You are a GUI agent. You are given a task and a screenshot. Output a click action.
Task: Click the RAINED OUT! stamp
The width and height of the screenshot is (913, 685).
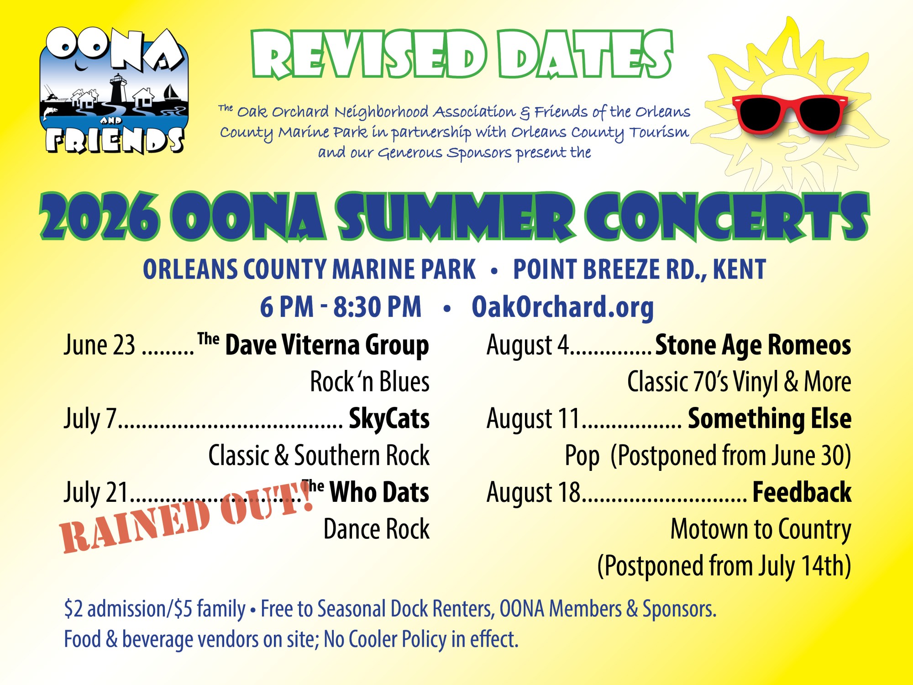pyautogui.click(x=187, y=516)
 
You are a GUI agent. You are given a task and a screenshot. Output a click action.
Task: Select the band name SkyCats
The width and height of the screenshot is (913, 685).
pyautogui.click(x=389, y=419)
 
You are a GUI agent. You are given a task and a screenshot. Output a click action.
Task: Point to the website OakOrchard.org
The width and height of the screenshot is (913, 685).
pyautogui.click(x=562, y=307)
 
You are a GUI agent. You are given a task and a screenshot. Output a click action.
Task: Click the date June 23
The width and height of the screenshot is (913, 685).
pyautogui.click(x=100, y=345)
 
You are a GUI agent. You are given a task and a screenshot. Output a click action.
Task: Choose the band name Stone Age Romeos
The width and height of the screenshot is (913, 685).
pyautogui.click(x=753, y=345)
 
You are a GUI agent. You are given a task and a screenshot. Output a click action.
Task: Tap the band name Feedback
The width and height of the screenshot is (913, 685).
pyautogui.click(x=802, y=492)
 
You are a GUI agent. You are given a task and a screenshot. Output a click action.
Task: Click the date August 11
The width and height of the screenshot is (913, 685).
pyautogui.click(x=533, y=419)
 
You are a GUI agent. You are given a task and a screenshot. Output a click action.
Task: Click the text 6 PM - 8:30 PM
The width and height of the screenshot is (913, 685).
pyautogui.click(x=341, y=307)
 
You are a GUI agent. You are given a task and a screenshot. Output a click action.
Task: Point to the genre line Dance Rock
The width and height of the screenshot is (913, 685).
pyautogui.click(x=377, y=529)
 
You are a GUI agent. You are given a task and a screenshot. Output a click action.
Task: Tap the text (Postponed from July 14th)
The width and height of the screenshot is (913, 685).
pyautogui.click(x=724, y=566)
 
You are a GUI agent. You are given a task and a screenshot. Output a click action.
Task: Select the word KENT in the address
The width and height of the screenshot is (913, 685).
pyautogui.click(x=739, y=269)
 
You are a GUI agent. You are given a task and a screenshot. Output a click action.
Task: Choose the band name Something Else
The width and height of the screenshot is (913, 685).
pyautogui.click(x=770, y=419)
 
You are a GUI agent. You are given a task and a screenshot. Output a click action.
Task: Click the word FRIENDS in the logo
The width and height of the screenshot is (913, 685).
pyautogui.click(x=115, y=140)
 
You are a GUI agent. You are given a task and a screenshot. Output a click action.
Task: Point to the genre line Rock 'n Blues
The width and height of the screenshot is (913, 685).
pyautogui.click(x=370, y=382)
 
